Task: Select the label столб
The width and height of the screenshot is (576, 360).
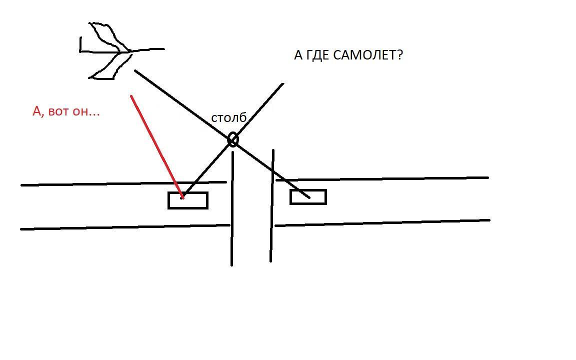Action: (x=228, y=118)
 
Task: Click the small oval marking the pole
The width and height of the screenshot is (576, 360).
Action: (x=232, y=139)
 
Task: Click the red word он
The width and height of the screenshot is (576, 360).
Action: (x=87, y=111)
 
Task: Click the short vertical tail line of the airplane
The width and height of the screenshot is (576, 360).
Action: (x=80, y=44)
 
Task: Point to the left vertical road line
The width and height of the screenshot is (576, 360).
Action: (x=232, y=210)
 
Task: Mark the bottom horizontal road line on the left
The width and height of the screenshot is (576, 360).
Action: (x=125, y=227)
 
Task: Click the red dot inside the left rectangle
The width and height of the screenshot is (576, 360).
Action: (x=182, y=197)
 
